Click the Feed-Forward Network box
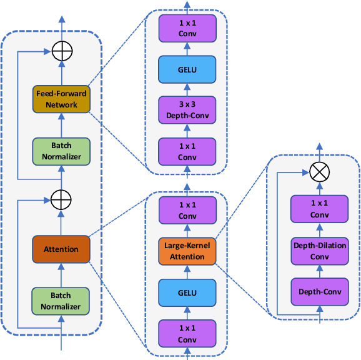tap(61, 99)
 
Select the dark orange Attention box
tap(61, 249)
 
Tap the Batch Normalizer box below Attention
tap(61, 301)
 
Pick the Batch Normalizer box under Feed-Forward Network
tap(61, 151)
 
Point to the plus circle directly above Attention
tap(61, 200)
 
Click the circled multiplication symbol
tap(320, 171)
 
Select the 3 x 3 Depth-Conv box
tap(185, 110)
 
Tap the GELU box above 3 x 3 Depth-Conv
tap(185, 69)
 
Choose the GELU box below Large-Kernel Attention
tap(185, 292)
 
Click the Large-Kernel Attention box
tap(187, 251)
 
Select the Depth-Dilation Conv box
tap(320, 250)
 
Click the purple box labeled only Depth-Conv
tap(320, 291)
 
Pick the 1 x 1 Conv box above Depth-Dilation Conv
tap(320, 209)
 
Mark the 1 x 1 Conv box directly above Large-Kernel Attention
tap(185, 211)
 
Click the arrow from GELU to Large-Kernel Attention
tap(186, 272)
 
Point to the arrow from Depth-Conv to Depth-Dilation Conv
tap(320, 271)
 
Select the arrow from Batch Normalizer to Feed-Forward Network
tap(61, 126)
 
